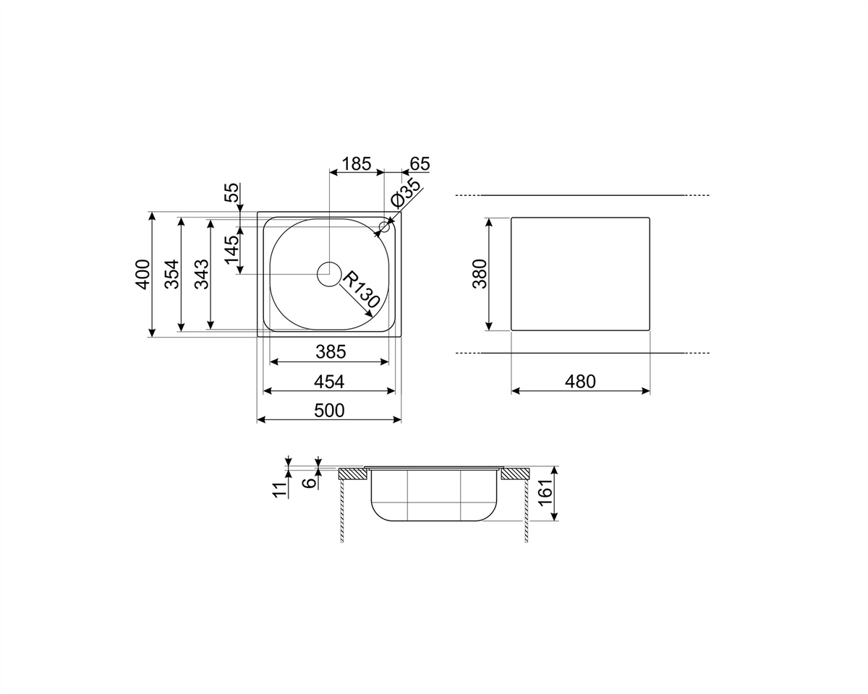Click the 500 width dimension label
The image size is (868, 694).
pyautogui.click(x=329, y=411)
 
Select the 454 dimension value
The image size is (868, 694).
pyautogui.click(x=329, y=382)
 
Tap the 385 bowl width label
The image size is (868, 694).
pyautogui.click(x=331, y=351)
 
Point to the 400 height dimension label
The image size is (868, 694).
pyautogui.click(x=142, y=274)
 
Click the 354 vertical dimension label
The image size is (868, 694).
pyautogui.click(x=172, y=274)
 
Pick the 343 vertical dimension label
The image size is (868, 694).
pyautogui.click(x=202, y=274)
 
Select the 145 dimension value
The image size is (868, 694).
pyautogui.click(x=232, y=250)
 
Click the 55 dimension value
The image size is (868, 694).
pyautogui.click(x=232, y=193)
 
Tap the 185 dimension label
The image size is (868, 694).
pyautogui.click(x=356, y=163)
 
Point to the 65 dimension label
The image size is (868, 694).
pyautogui.click(x=420, y=163)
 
